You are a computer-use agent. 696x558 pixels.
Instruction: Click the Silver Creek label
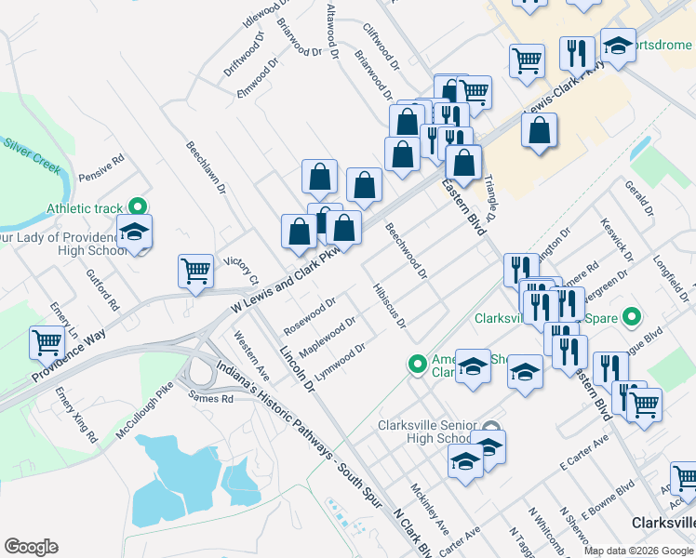pos(32,155)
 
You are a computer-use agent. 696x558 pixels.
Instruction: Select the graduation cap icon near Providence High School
pos(134,233)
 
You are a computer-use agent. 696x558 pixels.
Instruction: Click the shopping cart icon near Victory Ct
pos(196,272)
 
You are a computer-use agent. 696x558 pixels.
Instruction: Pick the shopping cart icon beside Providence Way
pos(47,342)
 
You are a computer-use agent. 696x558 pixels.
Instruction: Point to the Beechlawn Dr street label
pos(207,168)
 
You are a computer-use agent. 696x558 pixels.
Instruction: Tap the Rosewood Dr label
pos(310,315)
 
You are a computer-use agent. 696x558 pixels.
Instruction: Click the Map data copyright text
pos(638,551)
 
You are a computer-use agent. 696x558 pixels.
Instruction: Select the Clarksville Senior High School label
pos(423,432)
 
